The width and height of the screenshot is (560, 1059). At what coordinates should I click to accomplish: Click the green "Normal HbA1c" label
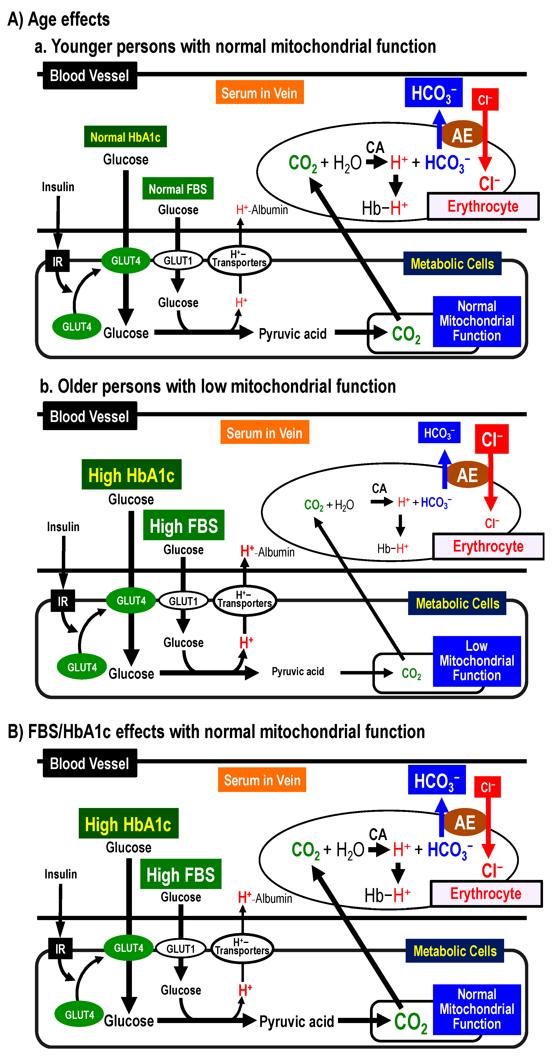125,136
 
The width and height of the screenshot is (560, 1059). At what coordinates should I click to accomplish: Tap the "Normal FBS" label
178,189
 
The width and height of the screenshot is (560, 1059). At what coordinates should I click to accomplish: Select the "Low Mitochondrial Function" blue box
477,661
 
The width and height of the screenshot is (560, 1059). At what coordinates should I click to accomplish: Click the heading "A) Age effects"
59,19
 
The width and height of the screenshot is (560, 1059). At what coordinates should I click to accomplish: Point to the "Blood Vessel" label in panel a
90,76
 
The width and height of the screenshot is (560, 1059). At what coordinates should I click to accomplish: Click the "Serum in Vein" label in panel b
265,433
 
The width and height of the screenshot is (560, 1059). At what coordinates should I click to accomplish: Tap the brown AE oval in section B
465,822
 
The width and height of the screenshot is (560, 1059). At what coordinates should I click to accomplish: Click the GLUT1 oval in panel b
183,601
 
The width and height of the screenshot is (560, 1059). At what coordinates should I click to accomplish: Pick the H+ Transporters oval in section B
242,948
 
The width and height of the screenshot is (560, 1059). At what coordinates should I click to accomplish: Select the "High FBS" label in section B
181,874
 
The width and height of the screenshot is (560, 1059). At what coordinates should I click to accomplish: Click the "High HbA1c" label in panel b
131,474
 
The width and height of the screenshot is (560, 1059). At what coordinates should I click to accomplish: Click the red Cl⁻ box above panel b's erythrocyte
492,439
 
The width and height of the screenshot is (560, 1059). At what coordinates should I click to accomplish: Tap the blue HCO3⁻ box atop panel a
433,92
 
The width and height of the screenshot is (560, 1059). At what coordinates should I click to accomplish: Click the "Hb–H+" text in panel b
393,548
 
